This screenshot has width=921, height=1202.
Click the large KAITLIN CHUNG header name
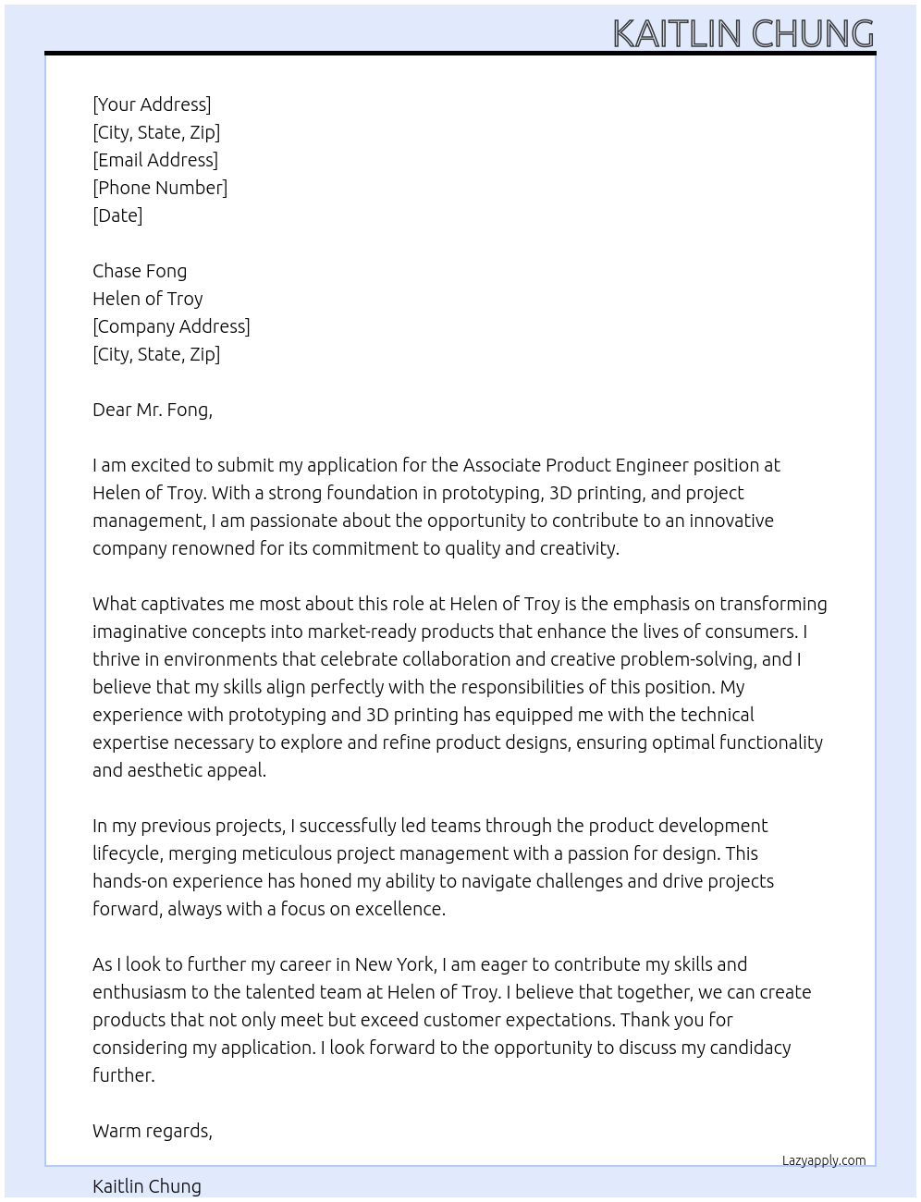[743, 33]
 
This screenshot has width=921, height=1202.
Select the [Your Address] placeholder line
[152, 104]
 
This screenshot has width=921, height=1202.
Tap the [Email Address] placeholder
[155, 160]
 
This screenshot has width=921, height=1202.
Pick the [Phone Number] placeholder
[160, 188]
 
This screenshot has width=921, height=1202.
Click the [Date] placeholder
[117, 215]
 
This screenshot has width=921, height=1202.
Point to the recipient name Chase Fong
[140, 271]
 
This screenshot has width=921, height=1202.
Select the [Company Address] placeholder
[171, 326]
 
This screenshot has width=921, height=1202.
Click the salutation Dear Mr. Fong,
[153, 410]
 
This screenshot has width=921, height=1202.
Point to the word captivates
[173, 604]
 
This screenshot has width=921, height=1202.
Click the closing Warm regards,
[153, 1131]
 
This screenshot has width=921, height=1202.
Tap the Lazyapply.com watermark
[824, 1160]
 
